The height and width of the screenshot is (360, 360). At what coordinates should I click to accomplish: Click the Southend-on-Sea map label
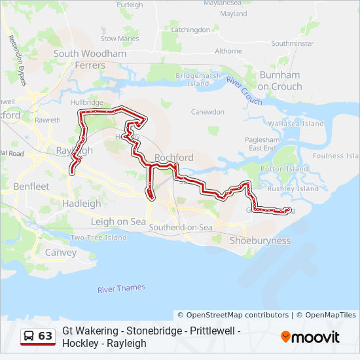click(181, 227)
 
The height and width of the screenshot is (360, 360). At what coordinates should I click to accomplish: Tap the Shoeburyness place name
click(260, 240)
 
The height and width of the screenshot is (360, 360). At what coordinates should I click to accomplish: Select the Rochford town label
click(174, 158)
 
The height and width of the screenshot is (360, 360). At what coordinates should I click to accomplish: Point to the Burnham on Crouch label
click(279, 81)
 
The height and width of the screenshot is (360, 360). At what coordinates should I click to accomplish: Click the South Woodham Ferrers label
click(90, 60)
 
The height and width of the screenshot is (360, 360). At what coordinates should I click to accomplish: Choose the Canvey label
click(61, 252)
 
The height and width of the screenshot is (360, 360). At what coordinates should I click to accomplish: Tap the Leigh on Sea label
click(118, 222)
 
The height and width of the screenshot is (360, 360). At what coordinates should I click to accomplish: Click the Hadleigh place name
click(82, 204)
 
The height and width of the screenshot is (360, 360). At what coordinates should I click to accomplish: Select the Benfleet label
click(31, 187)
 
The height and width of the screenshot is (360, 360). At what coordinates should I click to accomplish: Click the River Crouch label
click(244, 90)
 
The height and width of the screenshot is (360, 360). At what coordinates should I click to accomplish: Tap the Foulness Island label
click(336, 156)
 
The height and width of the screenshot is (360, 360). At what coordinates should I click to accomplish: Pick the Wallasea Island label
click(296, 124)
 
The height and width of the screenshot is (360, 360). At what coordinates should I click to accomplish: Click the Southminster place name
click(293, 43)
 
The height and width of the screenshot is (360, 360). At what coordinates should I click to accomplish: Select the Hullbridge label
click(87, 103)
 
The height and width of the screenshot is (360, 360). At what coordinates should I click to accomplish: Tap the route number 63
click(45, 336)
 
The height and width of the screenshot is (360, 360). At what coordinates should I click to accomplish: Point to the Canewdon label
click(207, 112)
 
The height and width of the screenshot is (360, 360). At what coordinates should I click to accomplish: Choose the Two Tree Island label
click(98, 238)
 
